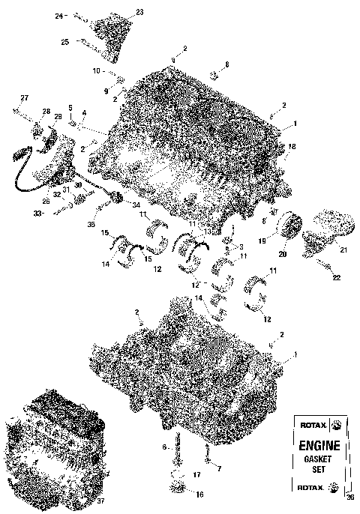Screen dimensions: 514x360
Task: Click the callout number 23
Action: point(138,12)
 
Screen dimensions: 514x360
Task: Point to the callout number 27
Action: point(23,99)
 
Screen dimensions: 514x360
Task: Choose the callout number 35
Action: point(91,223)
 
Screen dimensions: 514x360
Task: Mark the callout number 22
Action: point(336,278)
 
